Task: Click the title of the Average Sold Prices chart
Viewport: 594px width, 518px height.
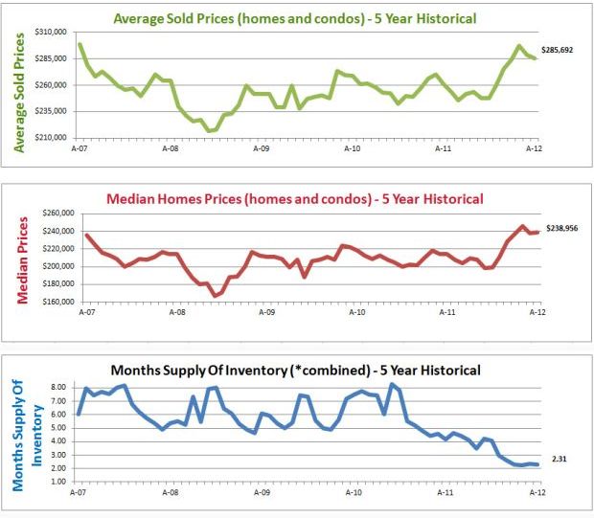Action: pyautogui.click(x=294, y=17)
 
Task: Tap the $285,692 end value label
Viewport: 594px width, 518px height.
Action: pyautogui.click(x=557, y=49)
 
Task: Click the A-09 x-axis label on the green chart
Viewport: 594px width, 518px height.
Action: pyautogui.click(x=261, y=149)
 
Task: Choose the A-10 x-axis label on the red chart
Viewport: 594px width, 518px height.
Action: pyautogui.click(x=356, y=313)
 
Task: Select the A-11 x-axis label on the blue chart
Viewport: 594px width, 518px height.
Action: pyautogui.click(x=445, y=492)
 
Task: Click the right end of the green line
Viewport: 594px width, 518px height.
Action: pyautogui.click(x=536, y=59)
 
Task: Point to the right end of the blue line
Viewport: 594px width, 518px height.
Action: pyautogui.click(x=537, y=464)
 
